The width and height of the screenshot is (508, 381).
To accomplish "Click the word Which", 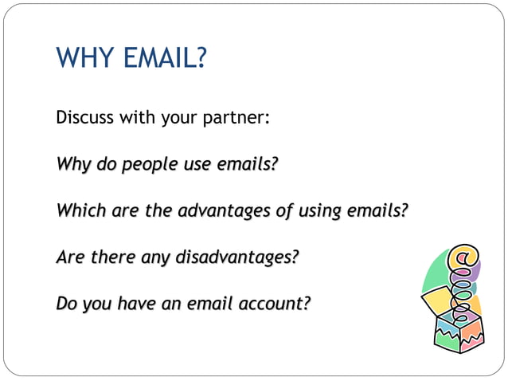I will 77,211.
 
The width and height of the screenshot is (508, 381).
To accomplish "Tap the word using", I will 316,211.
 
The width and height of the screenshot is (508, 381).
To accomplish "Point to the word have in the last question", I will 137,304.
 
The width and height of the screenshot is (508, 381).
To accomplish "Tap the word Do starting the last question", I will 68,304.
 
